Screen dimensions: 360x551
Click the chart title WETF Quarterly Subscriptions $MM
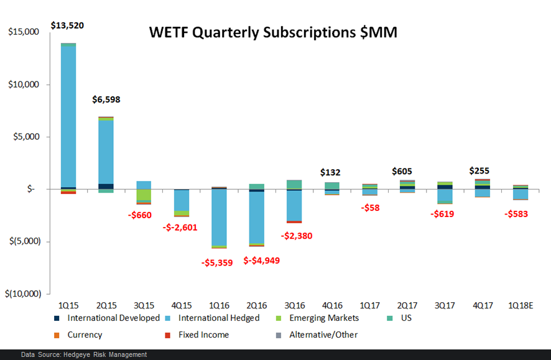coord(273,32)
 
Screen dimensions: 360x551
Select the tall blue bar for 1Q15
coord(68,115)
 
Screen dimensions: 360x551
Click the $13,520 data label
coord(68,25)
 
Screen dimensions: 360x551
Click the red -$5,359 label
coord(217,262)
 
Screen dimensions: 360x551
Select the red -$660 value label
coord(143,215)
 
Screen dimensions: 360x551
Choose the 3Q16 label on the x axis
coord(295,305)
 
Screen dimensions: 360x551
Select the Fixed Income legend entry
coord(203,335)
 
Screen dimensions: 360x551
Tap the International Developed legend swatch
coord(56,318)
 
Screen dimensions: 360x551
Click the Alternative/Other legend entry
coord(323,335)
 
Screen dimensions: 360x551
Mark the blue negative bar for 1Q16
coord(219,217)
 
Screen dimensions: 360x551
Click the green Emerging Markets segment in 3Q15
coord(144,195)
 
